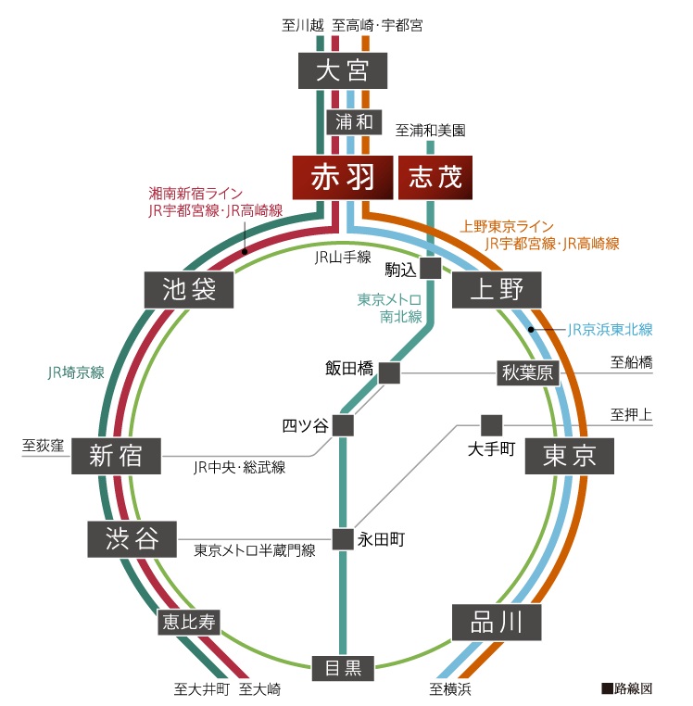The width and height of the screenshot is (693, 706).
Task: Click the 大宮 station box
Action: [342, 70]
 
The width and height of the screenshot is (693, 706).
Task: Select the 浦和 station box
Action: [352, 121]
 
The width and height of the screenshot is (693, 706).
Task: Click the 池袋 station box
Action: [189, 290]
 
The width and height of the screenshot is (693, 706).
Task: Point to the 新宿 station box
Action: [116, 455]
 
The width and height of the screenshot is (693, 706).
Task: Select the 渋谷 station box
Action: [132, 538]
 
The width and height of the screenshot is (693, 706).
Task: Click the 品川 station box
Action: [497, 622]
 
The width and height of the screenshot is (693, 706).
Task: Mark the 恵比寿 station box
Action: [190, 622]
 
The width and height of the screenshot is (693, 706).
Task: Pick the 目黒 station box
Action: [342, 665]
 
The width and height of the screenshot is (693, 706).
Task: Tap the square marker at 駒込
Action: [430, 268]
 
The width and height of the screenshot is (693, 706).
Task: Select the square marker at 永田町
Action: [343, 538]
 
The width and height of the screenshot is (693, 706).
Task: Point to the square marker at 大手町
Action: [491, 425]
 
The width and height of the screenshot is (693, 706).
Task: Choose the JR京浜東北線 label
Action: [610, 329]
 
